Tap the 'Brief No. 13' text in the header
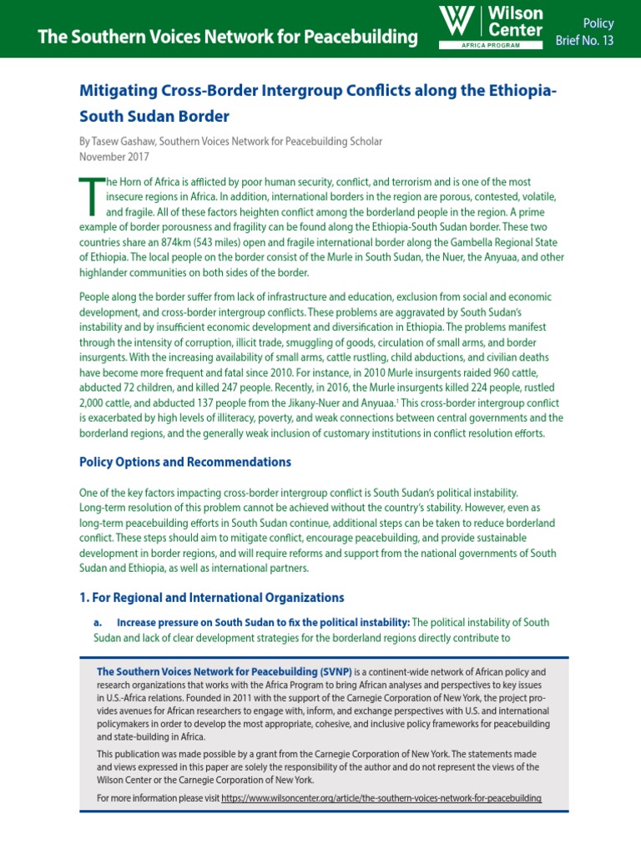[585, 41]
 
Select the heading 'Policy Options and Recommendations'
[185, 462]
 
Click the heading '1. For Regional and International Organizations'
[211, 597]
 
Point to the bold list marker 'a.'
[98, 623]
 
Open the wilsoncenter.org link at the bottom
[381, 798]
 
